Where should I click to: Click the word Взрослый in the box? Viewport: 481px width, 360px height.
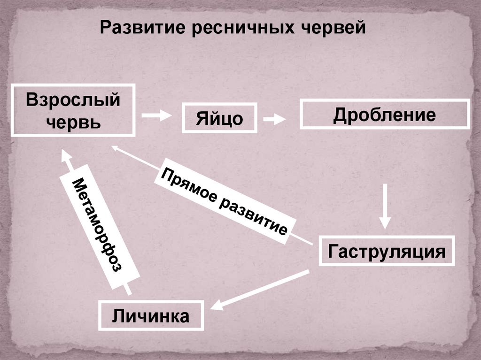click(x=73, y=100)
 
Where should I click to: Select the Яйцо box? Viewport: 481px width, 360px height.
click(x=220, y=118)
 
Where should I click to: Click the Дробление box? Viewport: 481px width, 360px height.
click(x=385, y=114)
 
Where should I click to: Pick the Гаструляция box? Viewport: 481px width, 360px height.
click(x=387, y=252)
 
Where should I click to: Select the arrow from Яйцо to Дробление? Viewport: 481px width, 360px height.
click(x=275, y=119)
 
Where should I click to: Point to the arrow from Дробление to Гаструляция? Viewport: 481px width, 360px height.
click(x=385, y=207)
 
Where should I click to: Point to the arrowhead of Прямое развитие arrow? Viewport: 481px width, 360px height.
click(x=116, y=148)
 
